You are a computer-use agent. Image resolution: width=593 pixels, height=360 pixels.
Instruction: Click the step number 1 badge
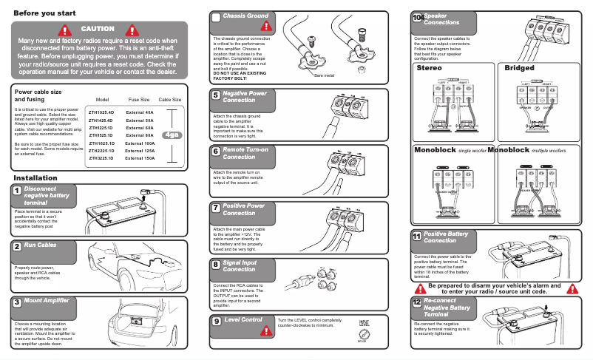coord(17,191)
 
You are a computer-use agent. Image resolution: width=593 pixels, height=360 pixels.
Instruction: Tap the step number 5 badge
coord(215,95)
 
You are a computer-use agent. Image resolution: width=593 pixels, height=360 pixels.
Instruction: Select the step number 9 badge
coord(215,321)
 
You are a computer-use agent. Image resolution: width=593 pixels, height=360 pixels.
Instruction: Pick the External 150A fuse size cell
coord(140,158)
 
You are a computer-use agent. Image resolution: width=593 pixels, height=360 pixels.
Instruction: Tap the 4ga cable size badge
coord(172,135)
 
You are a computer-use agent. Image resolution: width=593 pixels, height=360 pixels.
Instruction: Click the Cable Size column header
coord(170,99)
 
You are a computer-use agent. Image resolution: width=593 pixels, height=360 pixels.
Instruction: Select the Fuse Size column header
coord(139,99)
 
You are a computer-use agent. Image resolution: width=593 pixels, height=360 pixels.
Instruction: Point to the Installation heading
coord(35,178)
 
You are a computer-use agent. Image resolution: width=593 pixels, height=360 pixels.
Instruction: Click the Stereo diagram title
coord(430,68)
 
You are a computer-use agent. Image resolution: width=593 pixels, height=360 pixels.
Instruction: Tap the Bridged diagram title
coord(519,68)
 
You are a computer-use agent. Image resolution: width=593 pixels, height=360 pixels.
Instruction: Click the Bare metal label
coord(325,75)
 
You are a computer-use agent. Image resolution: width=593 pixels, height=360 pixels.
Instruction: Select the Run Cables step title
coord(40,245)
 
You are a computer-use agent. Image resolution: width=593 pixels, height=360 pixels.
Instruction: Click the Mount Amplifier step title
coord(47,301)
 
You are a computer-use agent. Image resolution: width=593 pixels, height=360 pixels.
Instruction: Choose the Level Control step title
coord(243,320)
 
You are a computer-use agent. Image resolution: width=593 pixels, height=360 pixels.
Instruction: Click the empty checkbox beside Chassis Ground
coord(215,17)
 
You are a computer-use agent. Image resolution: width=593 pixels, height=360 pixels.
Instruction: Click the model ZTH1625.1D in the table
coord(101,143)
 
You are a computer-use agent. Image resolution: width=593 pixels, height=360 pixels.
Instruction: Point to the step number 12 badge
coord(417,303)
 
